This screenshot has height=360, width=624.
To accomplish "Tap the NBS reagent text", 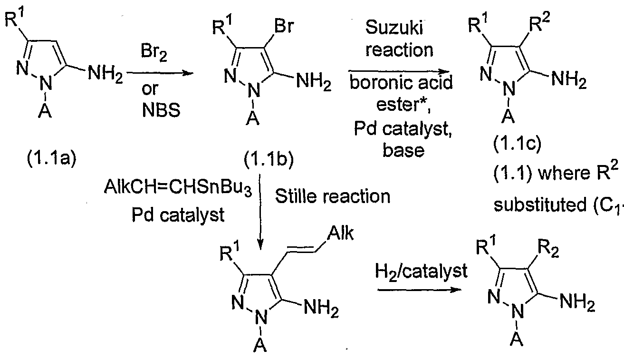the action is (161, 110).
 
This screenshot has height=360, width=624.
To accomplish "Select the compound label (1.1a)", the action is (51, 159).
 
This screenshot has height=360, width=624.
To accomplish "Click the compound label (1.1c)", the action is (518, 144).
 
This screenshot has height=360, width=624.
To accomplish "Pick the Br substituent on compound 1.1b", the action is (284, 26).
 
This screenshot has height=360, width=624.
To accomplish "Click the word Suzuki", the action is (394, 28).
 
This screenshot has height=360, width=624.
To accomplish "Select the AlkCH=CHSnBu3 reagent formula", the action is (178, 188).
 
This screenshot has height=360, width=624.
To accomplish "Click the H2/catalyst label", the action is (421, 272).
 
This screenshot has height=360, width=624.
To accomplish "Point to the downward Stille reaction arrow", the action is (260, 212).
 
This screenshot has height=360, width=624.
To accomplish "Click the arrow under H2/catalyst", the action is (420, 290).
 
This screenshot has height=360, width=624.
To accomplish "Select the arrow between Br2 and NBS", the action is (160, 73).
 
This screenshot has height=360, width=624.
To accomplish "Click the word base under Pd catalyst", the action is (403, 150).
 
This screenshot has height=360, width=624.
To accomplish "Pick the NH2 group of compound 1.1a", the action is (106, 75).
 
